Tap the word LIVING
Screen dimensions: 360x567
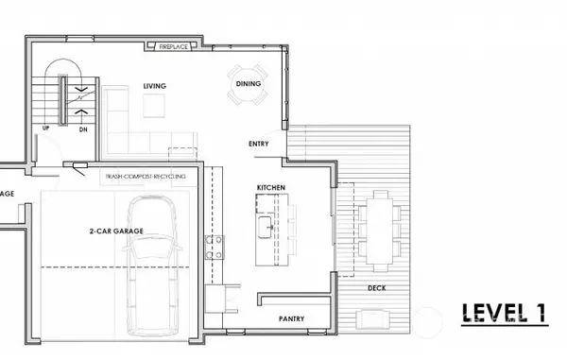point(155,86)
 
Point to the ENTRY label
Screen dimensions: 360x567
point(258,144)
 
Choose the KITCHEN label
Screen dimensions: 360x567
point(270,189)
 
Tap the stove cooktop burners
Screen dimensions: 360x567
point(214,245)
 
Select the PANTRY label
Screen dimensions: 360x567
point(290,319)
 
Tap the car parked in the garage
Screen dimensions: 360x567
point(150,267)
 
